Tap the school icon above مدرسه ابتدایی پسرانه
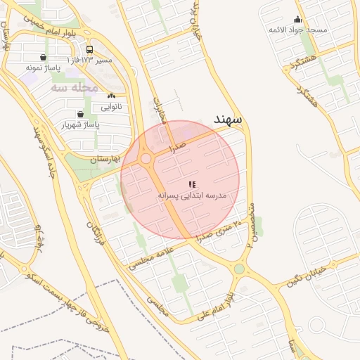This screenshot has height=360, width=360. click(x=192, y=184)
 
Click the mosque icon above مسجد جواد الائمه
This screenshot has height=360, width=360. click(x=297, y=20)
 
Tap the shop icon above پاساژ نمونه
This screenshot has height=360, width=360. click(x=44, y=58)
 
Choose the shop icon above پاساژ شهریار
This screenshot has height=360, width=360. click(x=80, y=114)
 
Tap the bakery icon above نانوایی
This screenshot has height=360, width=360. click(x=111, y=96)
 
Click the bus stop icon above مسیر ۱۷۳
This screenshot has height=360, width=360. click(x=89, y=50)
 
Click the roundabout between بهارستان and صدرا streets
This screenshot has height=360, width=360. click(x=146, y=160)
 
